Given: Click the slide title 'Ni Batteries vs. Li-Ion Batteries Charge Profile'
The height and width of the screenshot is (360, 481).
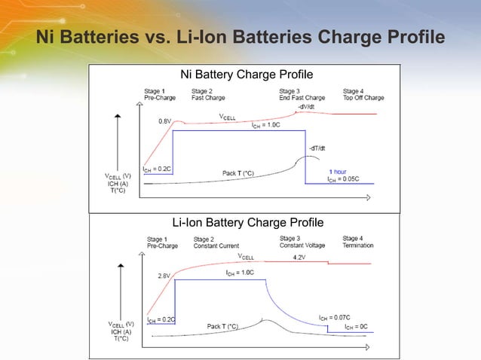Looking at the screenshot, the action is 240,37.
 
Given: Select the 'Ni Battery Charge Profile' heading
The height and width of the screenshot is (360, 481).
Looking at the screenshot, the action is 247,75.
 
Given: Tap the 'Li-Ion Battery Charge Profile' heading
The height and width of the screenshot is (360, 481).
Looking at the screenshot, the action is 248,222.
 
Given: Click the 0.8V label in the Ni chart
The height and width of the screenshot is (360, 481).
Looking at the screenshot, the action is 164,121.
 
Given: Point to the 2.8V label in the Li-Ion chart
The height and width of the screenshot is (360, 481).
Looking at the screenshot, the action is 164,276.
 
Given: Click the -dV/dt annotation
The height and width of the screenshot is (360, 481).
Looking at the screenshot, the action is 306,107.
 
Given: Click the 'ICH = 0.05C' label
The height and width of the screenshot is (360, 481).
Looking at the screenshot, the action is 342,179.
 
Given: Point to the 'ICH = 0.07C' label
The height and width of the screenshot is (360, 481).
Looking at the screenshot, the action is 334,318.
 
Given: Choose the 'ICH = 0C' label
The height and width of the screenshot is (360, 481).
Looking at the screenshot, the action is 357,327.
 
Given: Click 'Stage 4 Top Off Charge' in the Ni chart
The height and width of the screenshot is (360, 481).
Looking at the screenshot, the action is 363,94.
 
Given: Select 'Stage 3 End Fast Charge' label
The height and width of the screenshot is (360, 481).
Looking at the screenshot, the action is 302,94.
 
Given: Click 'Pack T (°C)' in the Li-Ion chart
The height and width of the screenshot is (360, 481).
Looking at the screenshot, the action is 223,327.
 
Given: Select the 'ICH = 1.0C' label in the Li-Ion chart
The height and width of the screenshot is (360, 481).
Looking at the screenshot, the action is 240,272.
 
